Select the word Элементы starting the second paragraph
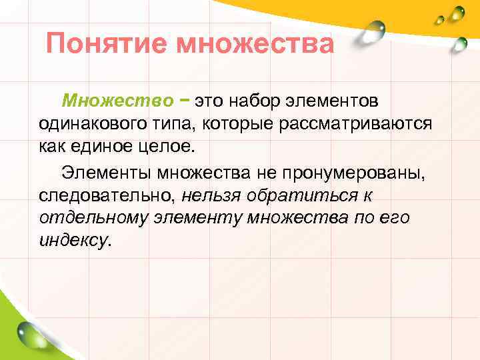coord(107,173)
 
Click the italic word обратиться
coord(300,196)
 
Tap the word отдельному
coord(93,219)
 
